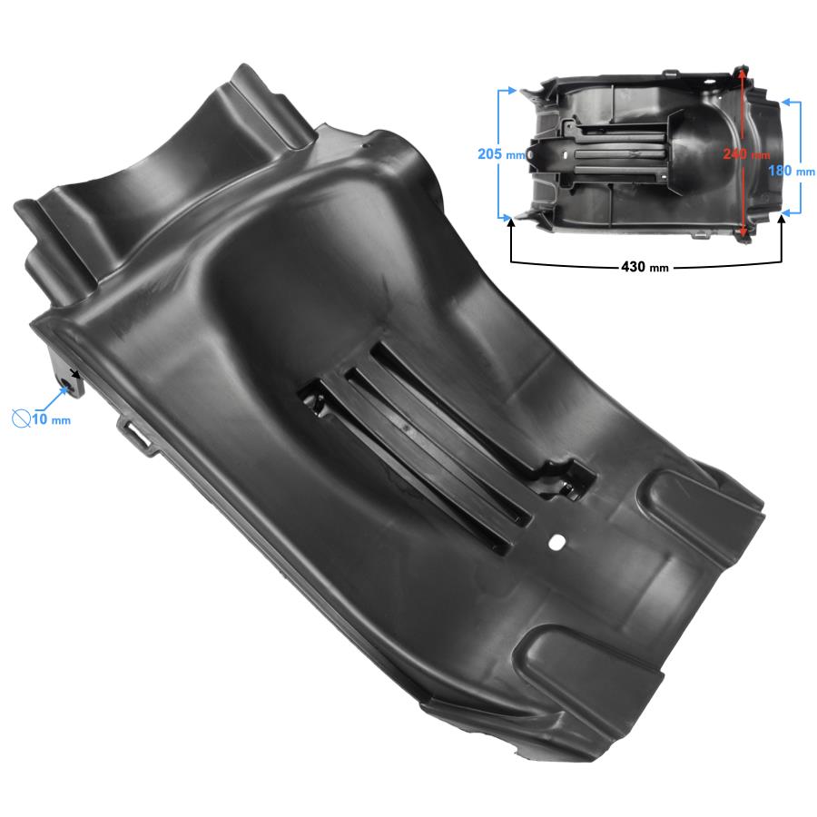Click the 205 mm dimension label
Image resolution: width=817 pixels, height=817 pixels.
(x=501, y=154)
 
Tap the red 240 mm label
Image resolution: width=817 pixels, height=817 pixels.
(x=746, y=153)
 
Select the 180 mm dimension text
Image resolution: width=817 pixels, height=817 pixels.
(x=792, y=171)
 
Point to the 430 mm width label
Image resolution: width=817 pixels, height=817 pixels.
(x=645, y=267)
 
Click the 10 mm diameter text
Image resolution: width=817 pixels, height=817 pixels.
(x=52, y=418)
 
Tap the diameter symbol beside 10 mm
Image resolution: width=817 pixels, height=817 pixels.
(x=21, y=418)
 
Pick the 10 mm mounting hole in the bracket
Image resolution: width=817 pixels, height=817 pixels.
(x=66, y=383)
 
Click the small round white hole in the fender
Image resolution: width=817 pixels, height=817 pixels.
(x=557, y=541)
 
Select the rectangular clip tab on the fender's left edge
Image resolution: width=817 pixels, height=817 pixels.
(x=136, y=431)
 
